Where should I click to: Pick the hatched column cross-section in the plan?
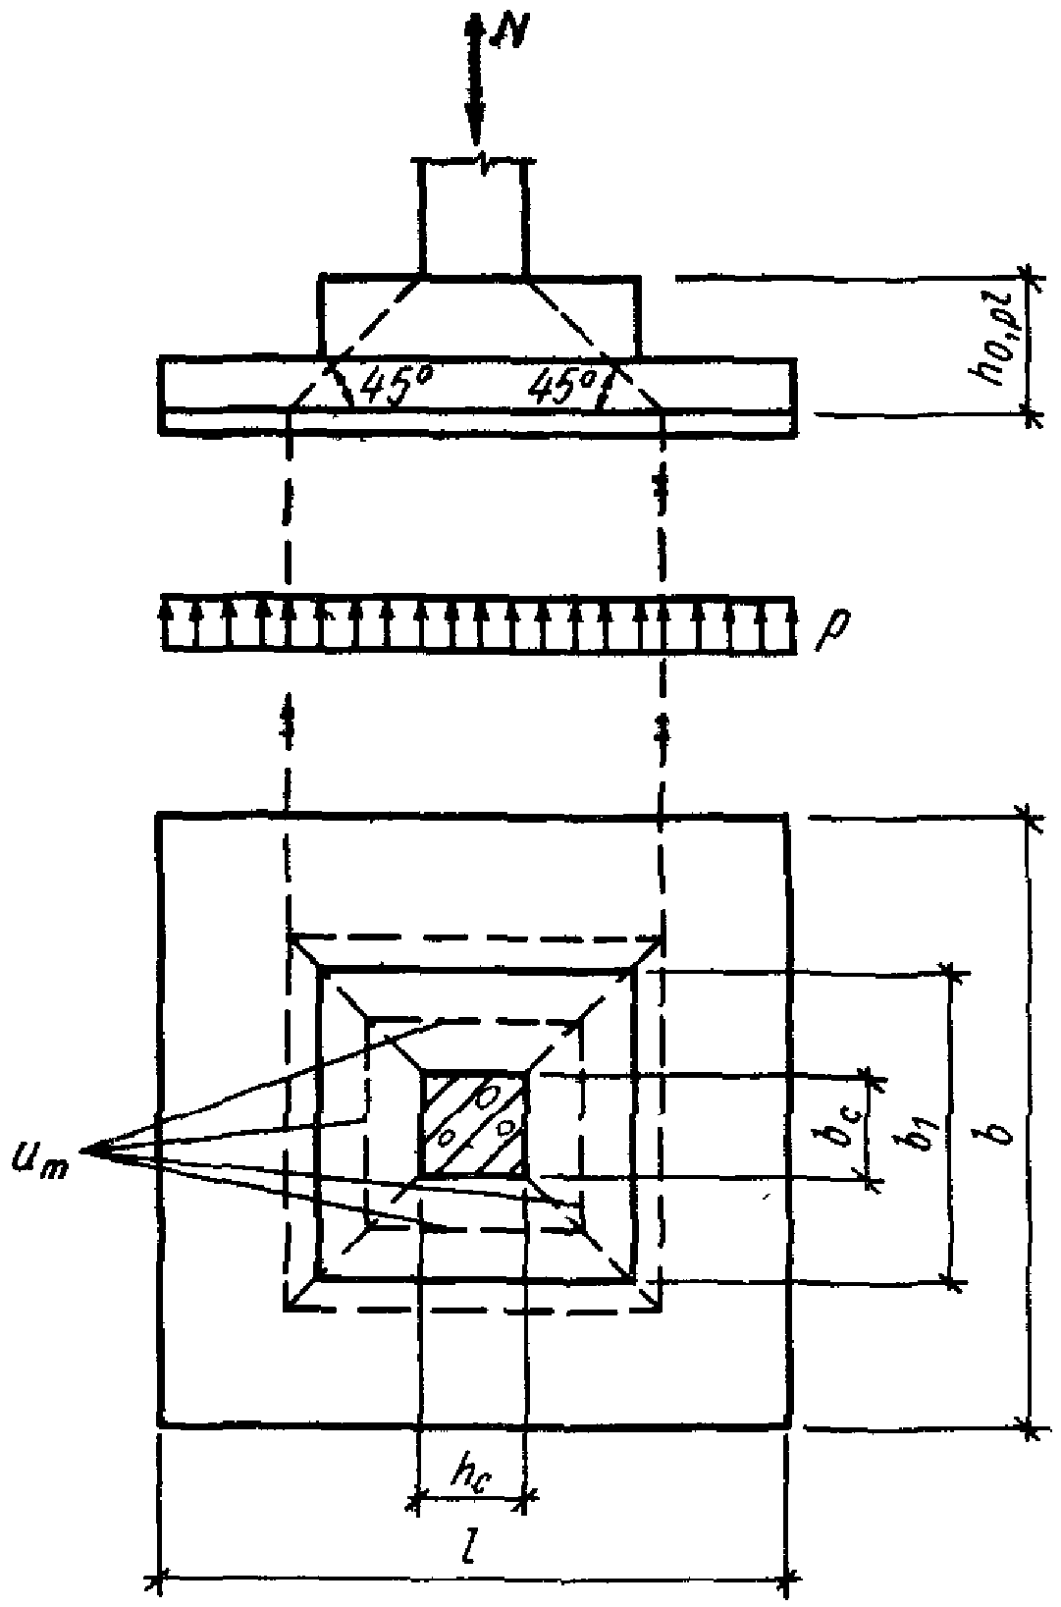tap(474, 1125)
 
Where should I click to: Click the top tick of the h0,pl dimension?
tap(1029, 277)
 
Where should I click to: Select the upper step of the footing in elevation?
tap(480, 316)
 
